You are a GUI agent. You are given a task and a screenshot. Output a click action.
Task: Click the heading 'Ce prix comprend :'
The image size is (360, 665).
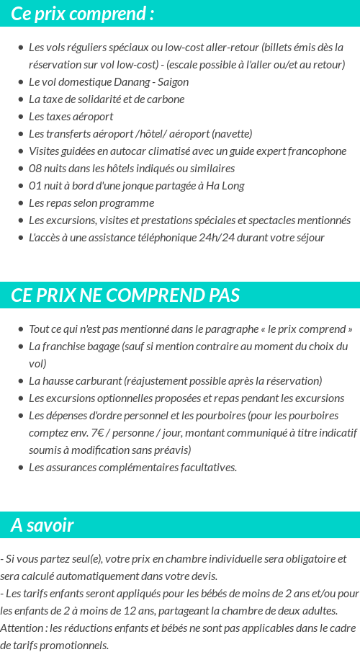click(83, 14)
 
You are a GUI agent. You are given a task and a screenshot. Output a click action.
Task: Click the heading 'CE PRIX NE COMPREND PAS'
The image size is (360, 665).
click(125, 295)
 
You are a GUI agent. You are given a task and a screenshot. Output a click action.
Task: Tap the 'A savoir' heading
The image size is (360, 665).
click(42, 525)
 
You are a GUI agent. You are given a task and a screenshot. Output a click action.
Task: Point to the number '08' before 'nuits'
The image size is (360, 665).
click(35, 169)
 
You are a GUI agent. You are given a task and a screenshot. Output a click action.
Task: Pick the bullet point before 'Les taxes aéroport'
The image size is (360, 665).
click(20, 117)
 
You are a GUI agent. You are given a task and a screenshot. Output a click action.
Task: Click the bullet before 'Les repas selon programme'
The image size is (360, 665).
click(20, 203)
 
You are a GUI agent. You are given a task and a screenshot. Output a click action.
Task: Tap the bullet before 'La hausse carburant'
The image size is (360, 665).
click(20, 381)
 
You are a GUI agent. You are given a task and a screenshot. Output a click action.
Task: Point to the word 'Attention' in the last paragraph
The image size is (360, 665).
click(22, 628)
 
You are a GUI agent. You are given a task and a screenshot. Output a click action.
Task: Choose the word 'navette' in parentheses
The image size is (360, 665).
click(232, 134)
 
